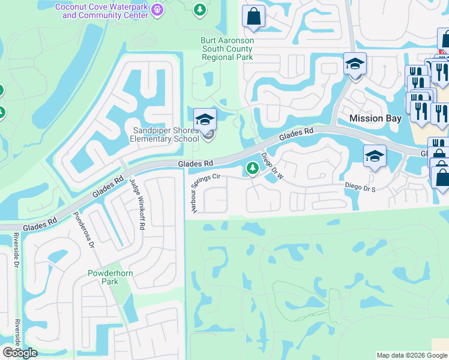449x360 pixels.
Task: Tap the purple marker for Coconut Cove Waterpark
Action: click(158, 10)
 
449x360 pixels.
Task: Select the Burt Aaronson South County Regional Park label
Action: click(227, 49)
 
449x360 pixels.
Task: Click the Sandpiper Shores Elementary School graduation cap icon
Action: click(205, 117)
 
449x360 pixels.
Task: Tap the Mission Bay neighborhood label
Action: click(375, 118)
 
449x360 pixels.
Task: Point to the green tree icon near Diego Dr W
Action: click(253, 170)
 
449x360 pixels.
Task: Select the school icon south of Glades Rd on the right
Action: click(375, 157)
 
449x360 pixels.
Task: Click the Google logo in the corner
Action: click(20, 352)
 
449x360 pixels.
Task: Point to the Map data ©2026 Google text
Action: click(412, 355)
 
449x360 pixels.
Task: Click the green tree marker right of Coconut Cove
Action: click(200, 10)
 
